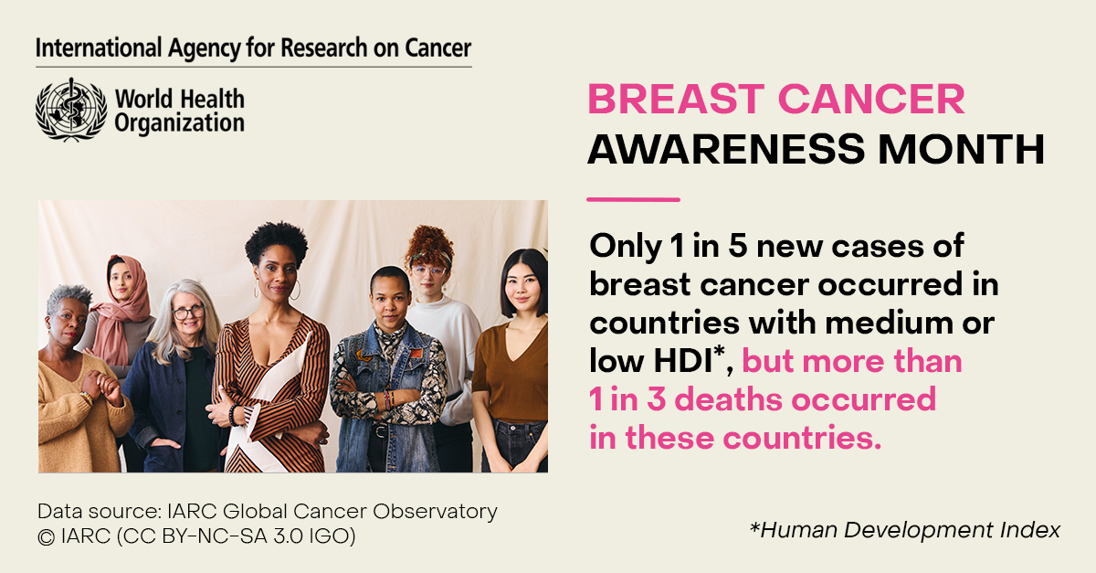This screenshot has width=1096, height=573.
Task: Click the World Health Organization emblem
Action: point(71,110)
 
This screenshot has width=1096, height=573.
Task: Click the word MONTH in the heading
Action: point(962,149)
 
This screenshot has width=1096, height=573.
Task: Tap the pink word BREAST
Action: point(676,99)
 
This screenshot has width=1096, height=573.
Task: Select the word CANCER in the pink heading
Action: point(871,99)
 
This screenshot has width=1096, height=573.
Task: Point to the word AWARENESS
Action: point(726,149)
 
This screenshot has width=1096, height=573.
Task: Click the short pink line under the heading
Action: point(633,199)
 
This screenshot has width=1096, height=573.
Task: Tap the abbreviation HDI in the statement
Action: point(682,361)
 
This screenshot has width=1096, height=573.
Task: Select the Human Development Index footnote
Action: point(905,530)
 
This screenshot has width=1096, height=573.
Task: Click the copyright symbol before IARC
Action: point(46,537)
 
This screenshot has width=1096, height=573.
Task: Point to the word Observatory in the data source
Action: point(435,512)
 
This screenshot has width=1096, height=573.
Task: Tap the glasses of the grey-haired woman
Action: point(188,312)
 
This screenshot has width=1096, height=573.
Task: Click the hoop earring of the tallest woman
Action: point(295,290)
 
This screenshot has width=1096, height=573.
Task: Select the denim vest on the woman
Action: point(386,392)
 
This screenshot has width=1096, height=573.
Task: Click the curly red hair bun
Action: point(429,244)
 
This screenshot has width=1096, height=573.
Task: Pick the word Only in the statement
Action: point(626,247)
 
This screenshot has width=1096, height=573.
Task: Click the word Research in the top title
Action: point(324,48)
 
